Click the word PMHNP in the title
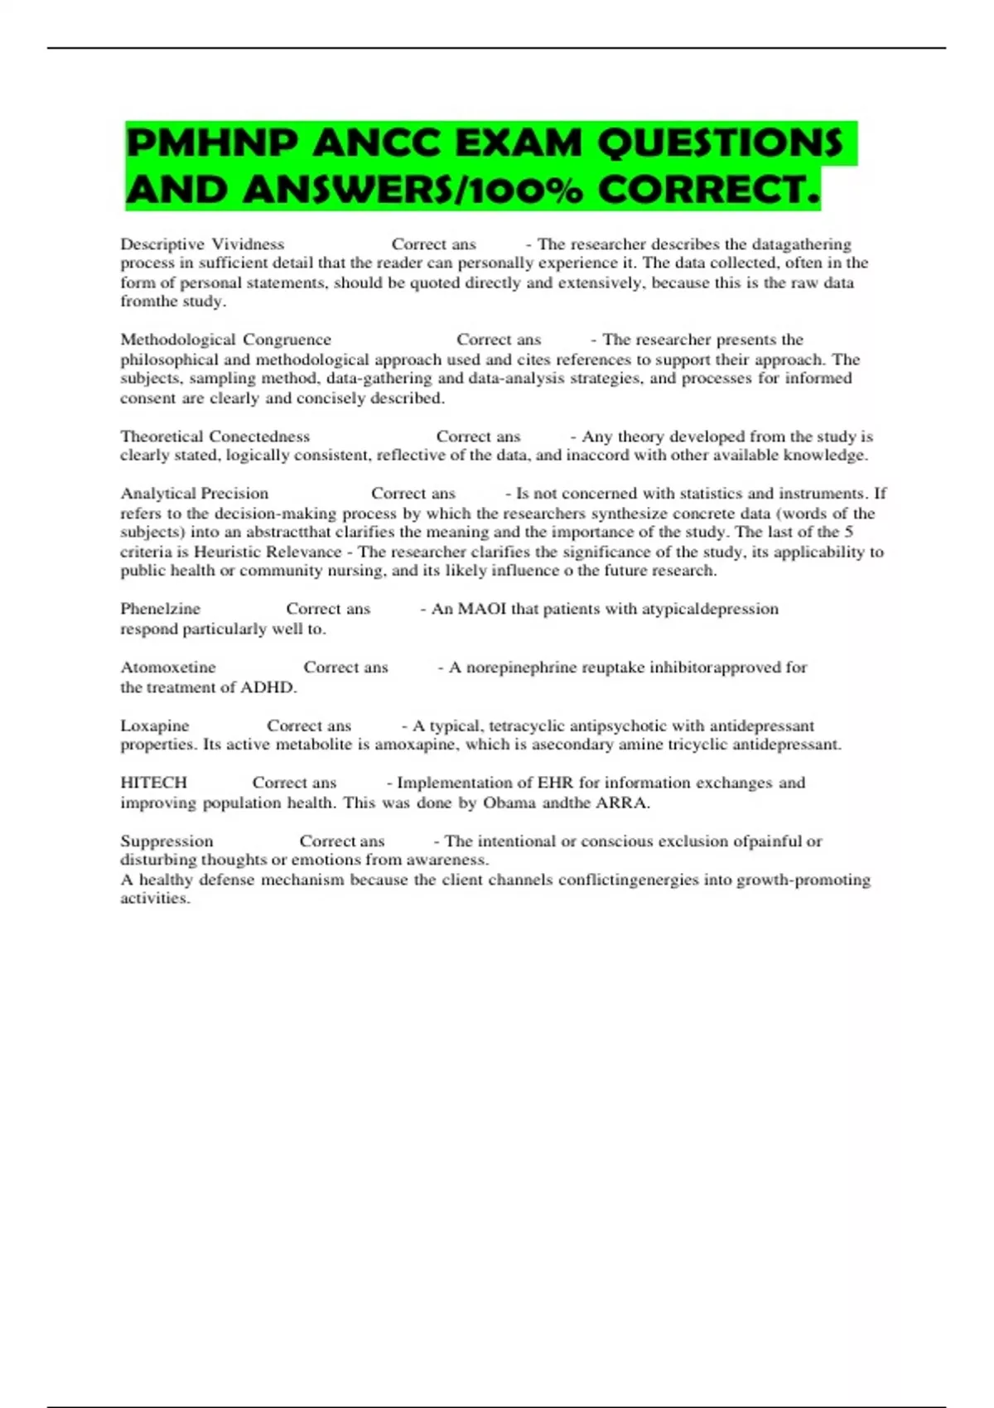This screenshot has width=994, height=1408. coord(211,143)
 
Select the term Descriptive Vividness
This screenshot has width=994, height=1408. coord(202,244)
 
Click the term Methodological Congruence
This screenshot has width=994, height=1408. coord(225,340)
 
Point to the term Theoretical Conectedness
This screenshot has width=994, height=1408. coord(215,436)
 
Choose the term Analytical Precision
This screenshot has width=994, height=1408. coord(194,494)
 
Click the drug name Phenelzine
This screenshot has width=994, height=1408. coord(160,609)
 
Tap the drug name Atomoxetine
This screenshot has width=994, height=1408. coord(167,668)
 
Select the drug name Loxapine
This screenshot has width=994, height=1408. coord(154,726)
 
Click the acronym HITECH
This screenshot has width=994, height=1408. coord(153,783)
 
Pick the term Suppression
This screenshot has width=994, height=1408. coord(166,841)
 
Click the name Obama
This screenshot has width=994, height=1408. coord(509,803)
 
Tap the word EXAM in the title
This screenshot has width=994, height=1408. coord(519,143)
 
